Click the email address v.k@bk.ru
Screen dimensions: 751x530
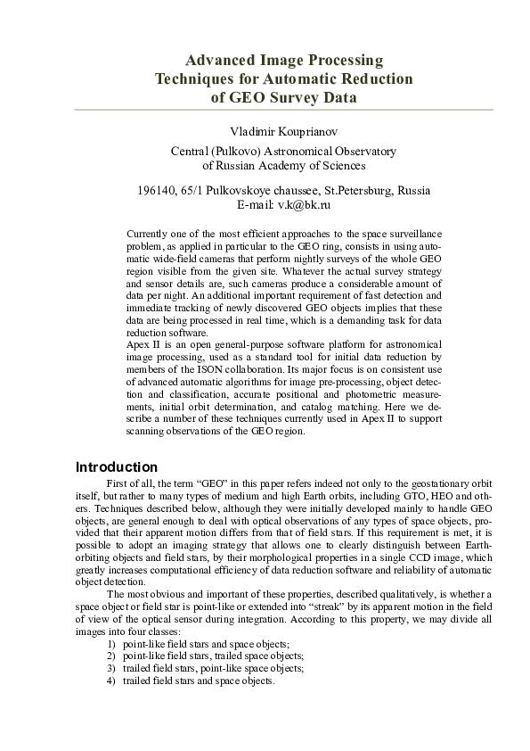coord(305,205)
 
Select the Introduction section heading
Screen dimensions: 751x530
coord(117,467)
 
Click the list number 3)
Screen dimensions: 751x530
coord(111,667)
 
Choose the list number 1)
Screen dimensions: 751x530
coord(111,643)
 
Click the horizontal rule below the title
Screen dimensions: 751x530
coord(283,110)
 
